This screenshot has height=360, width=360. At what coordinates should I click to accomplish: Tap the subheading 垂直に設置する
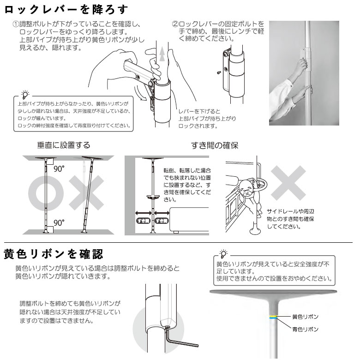pos(64,145)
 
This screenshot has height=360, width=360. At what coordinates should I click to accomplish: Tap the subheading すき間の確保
pos(215,145)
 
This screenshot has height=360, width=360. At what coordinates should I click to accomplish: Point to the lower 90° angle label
pos(58,222)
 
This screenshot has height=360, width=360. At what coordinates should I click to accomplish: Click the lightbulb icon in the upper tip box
pos(24,94)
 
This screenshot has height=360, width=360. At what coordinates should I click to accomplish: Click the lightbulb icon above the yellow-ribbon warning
pos(223,253)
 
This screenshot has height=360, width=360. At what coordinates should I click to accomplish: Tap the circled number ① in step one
pos(15,23)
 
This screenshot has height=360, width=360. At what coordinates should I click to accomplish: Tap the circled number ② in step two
pos(175,23)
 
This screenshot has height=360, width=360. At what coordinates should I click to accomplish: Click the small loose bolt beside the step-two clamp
pos(218,72)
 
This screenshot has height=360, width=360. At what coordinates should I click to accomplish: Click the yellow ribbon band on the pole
pos(274,317)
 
